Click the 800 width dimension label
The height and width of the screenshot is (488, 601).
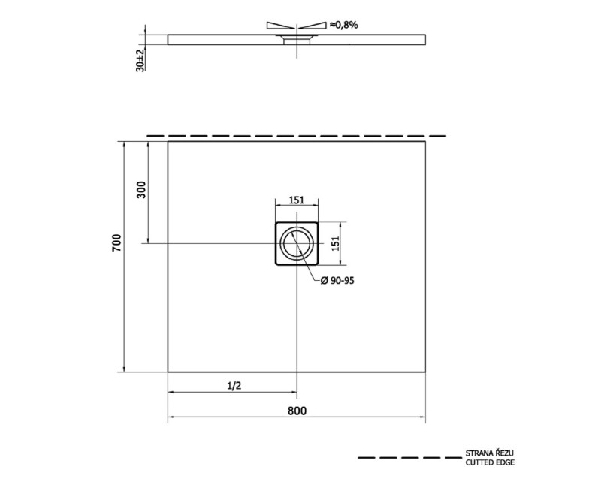click(297, 411)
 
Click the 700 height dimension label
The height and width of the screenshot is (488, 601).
click(116, 242)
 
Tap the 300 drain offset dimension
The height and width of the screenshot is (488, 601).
click(141, 190)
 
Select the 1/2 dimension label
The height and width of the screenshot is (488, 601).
click(234, 386)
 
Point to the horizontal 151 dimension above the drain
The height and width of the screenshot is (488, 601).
click(297, 200)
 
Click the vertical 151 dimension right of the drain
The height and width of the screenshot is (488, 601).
click(335, 243)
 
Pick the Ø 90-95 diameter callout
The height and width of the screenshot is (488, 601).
click(337, 281)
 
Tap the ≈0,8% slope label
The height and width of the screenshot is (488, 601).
click(344, 25)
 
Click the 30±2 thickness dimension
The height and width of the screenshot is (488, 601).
click(140, 60)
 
